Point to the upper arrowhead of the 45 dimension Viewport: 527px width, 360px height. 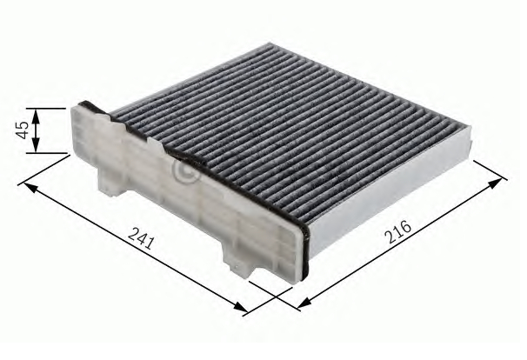tap(36, 111)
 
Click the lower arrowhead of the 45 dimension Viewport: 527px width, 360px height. tap(36, 150)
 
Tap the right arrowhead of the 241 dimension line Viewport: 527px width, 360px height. tap(243, 308)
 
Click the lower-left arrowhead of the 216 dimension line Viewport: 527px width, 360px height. tap(301, 305)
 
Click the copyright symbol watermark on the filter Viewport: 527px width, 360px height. tap(185, 172)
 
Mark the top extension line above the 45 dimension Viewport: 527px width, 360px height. tap(48, 108)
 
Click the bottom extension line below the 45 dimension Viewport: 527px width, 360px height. tap(48, 153)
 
